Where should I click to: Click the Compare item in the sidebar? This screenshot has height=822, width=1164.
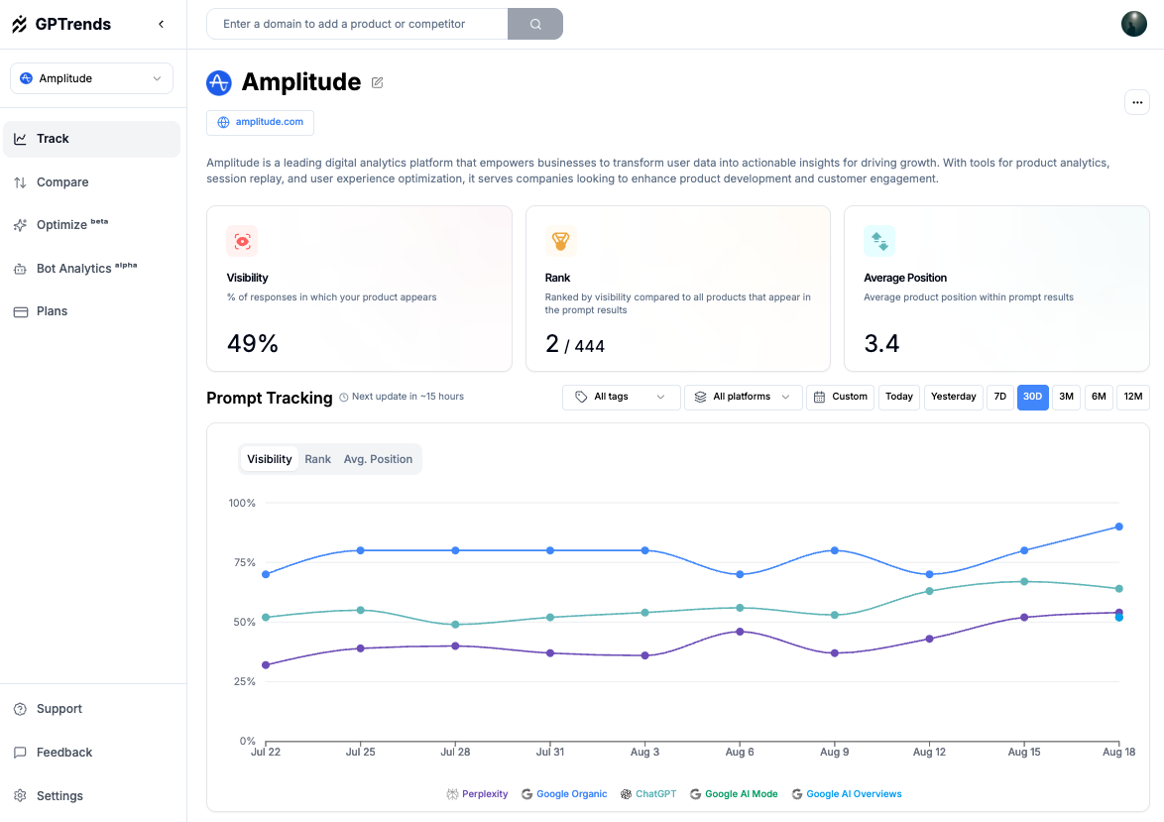[x=62, y=182]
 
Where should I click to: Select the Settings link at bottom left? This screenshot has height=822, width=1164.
[x=59, y=796]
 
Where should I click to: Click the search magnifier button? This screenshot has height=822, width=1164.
[x=535, y=24]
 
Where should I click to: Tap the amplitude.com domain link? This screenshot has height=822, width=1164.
[x=261, y=122]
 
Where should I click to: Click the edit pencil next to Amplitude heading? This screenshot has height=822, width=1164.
[x=377, y=82]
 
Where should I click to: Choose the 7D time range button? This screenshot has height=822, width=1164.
[x=999, y=397]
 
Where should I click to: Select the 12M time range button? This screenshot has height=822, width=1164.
[x=1132, y=397]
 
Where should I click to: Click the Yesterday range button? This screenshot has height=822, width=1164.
[x=953, y=397]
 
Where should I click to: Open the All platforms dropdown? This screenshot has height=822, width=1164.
[x=743, y=397]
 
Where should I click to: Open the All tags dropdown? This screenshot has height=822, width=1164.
[x=621, y=397]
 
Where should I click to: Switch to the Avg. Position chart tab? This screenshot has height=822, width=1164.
[x=378, y=459]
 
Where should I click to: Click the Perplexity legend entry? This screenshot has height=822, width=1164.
[x=478, y=794]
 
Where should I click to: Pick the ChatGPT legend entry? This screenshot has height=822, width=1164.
[x=648, y=794]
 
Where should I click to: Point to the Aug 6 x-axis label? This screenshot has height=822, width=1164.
[x=740, y=752]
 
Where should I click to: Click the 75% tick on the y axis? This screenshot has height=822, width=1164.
[x=242, y=562]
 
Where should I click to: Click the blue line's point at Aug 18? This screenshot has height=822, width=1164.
[x=1118, y=527]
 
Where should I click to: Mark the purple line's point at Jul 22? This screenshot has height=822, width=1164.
[x=266, y=664]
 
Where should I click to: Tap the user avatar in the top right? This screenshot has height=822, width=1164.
[x=1133, y=24]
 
